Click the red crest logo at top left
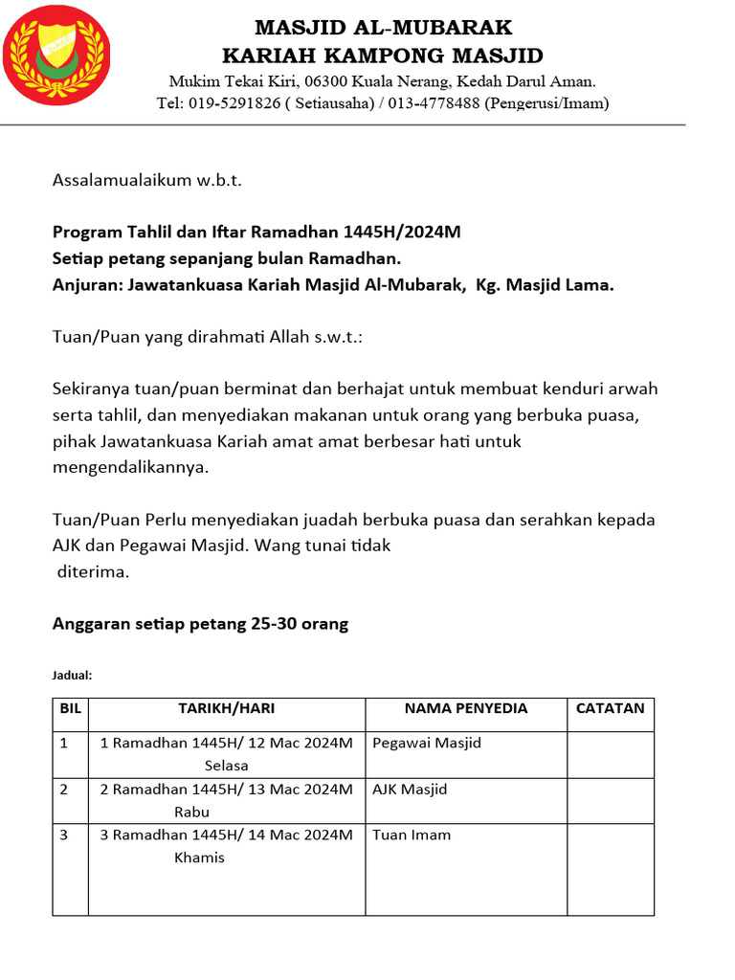point(56,56)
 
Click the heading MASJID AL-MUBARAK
point(383,27)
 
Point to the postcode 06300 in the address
point(302,81)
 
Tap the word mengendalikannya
point(129,468)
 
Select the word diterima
point(93,572)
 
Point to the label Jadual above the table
point(71,676)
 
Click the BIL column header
point(71,709)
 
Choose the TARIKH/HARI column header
point(226,709)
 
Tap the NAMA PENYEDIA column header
point(465,709)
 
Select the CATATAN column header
point(610,709)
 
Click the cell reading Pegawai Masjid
point(427,744)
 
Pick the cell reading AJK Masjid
point(410,790)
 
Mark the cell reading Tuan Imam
point(412,835)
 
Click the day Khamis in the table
point(199,857)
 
